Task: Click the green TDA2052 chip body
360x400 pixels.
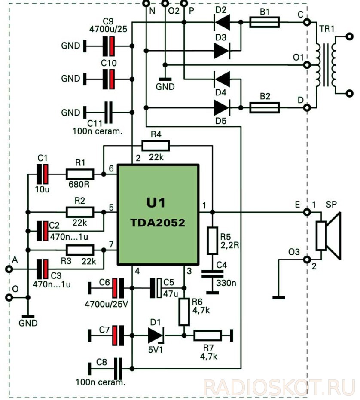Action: click(x=158, y=214)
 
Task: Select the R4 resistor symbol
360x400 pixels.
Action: click(x=156, y=146)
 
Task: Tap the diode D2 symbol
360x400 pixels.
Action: click(x=222, y=22)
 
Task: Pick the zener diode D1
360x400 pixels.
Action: click(x=156, y=336)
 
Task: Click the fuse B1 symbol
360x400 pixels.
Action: click(x=264, y=22)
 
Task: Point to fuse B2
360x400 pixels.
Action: click(x=264, y=108)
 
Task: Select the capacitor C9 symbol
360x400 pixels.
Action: click(x=108, y=46)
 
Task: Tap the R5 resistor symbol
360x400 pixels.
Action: click(x=212, y=240)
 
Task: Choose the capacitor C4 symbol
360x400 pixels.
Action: click(x=212, y=274)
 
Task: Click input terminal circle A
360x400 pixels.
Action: click(x=9, y=269)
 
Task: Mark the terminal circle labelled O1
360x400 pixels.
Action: click(x=307, y=65)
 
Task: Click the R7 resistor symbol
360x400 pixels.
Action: click(x=207, y=336)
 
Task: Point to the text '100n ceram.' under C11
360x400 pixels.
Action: click(x=98, y=131)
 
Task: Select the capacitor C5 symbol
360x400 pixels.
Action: click(x=156, y=288)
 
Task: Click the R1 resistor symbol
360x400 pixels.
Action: click(x=80, y=174)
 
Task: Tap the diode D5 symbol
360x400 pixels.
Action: click(x=222, y=108)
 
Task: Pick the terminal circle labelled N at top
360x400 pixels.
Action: click(x=146, y=3)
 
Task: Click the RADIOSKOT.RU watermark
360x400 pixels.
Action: click(x=279, y=388)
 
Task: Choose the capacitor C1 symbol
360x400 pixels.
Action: click(x=43, y=174)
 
